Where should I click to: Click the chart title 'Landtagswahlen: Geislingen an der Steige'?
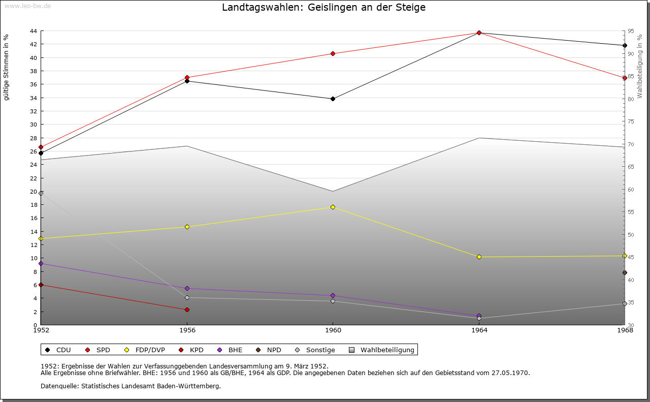click(323, 8)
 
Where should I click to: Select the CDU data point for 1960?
click(333, 99)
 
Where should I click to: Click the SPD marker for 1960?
click(333, 53)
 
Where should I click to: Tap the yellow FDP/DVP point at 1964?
click(479, 257)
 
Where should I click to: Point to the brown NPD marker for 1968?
click(625, 273)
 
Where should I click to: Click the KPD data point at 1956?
click(187, 310)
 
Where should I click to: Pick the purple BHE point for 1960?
click(333, 296)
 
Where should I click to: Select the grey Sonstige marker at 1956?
click(187, 298)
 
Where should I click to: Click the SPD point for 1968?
click(625, 78)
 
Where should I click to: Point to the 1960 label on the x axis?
click(333, 330)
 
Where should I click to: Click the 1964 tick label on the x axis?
click(479, 330)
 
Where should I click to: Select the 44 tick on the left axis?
click(33, 31)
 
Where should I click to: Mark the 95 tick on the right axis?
click(630, 31)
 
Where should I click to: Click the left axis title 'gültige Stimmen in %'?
click(7, 68)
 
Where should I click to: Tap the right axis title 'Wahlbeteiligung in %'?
click(639, 66)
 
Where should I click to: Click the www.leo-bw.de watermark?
click(26, 6)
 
